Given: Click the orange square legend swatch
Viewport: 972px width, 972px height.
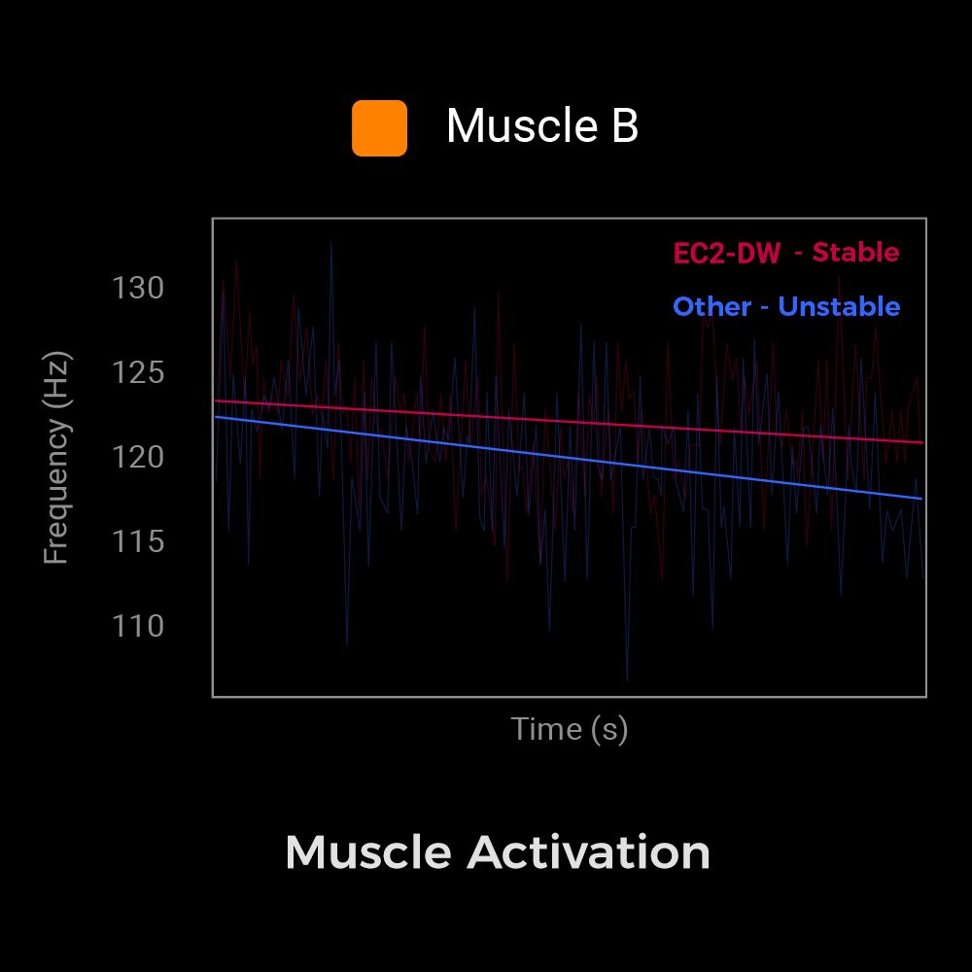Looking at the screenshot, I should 379,127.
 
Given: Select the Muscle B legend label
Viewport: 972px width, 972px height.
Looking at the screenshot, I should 541,126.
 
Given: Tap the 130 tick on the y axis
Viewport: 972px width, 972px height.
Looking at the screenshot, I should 138,289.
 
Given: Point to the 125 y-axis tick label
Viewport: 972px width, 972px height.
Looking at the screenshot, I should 138,372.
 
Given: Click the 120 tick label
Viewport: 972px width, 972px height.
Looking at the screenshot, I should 138,457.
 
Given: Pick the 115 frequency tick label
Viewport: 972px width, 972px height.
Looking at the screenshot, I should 138,541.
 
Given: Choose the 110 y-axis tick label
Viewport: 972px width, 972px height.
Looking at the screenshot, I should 138,626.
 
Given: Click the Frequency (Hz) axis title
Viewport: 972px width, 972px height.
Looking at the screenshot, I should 57,457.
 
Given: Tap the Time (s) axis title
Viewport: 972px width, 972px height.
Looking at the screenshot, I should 570,729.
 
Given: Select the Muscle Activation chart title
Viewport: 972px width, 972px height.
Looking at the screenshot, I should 498,852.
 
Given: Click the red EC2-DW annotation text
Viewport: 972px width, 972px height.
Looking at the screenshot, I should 727,254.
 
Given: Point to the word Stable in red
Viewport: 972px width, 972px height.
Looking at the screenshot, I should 855,253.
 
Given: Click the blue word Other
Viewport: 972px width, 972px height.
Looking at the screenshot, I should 712,307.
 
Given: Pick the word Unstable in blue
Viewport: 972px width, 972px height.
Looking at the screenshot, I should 839,307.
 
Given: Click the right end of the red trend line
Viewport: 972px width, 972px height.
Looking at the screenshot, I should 920,442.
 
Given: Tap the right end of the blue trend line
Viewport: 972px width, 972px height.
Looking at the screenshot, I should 920,499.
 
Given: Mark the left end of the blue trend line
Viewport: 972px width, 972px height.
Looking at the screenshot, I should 216,417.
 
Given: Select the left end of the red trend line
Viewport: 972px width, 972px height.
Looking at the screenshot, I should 216,400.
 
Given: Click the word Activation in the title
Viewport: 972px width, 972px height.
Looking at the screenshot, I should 588,852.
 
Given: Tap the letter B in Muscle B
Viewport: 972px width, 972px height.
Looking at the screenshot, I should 625,126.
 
